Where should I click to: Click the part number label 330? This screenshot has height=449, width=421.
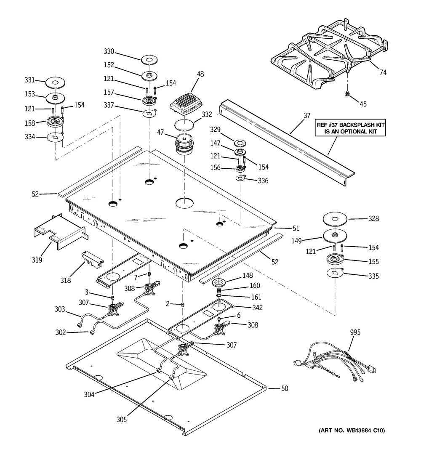point(109,51)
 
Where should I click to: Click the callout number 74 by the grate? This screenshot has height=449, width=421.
point(383,72)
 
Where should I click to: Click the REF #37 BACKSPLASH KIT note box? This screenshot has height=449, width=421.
point(350,128)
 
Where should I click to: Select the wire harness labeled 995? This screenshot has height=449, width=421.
point(334,361)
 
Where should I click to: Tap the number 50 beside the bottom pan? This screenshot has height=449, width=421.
point(285,388)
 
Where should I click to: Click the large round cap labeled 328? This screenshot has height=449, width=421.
point(335,219)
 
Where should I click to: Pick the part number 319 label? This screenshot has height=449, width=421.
point(37,260)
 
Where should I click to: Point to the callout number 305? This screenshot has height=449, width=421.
point(121,420)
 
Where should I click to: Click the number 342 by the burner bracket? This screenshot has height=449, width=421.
point(258,308)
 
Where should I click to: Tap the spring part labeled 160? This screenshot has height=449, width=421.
point(219,291)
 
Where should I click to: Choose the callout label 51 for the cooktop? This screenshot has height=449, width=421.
point(296,228)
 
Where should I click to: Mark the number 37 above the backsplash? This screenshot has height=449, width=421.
point(307,115)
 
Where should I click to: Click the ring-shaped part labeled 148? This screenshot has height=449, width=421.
point(219,283)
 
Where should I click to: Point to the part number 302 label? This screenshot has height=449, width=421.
point(61,332)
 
